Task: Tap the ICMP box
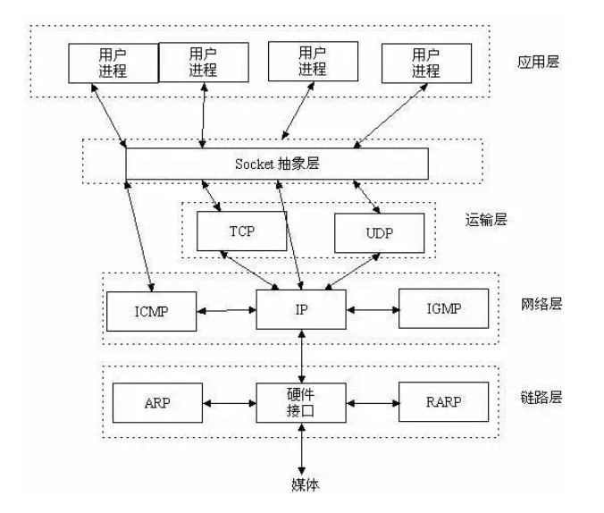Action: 152,312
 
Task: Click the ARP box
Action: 155,402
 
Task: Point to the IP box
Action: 300,312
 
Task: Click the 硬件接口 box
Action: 300,402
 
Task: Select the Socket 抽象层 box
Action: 276,164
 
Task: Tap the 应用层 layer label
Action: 538,63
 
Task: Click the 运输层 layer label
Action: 487,219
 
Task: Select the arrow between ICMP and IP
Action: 227,312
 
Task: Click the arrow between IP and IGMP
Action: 371,312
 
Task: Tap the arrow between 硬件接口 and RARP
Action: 372,403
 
